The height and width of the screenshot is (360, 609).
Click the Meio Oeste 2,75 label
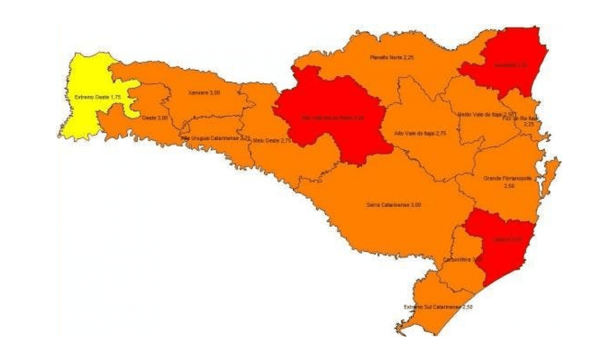click(x=272, y=140)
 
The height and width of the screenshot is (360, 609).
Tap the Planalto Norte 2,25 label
click(x=391, y=57)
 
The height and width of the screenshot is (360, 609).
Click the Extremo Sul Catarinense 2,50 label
click(x=438, y=307)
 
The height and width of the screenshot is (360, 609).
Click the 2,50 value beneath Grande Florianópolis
click(x=509, y=186)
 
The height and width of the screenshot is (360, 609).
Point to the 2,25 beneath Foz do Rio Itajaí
click(x=528, y=125)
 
